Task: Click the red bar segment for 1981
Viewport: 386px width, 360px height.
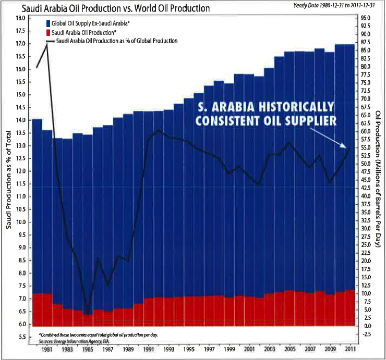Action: pyautogui.click(x=47, y=309)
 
